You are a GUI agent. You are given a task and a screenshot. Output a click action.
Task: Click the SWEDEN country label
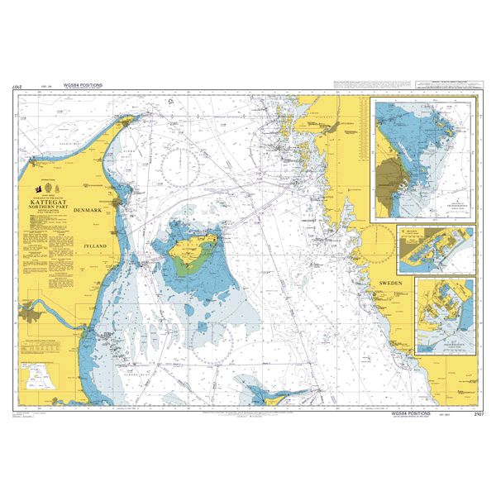[x=389, y=284]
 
